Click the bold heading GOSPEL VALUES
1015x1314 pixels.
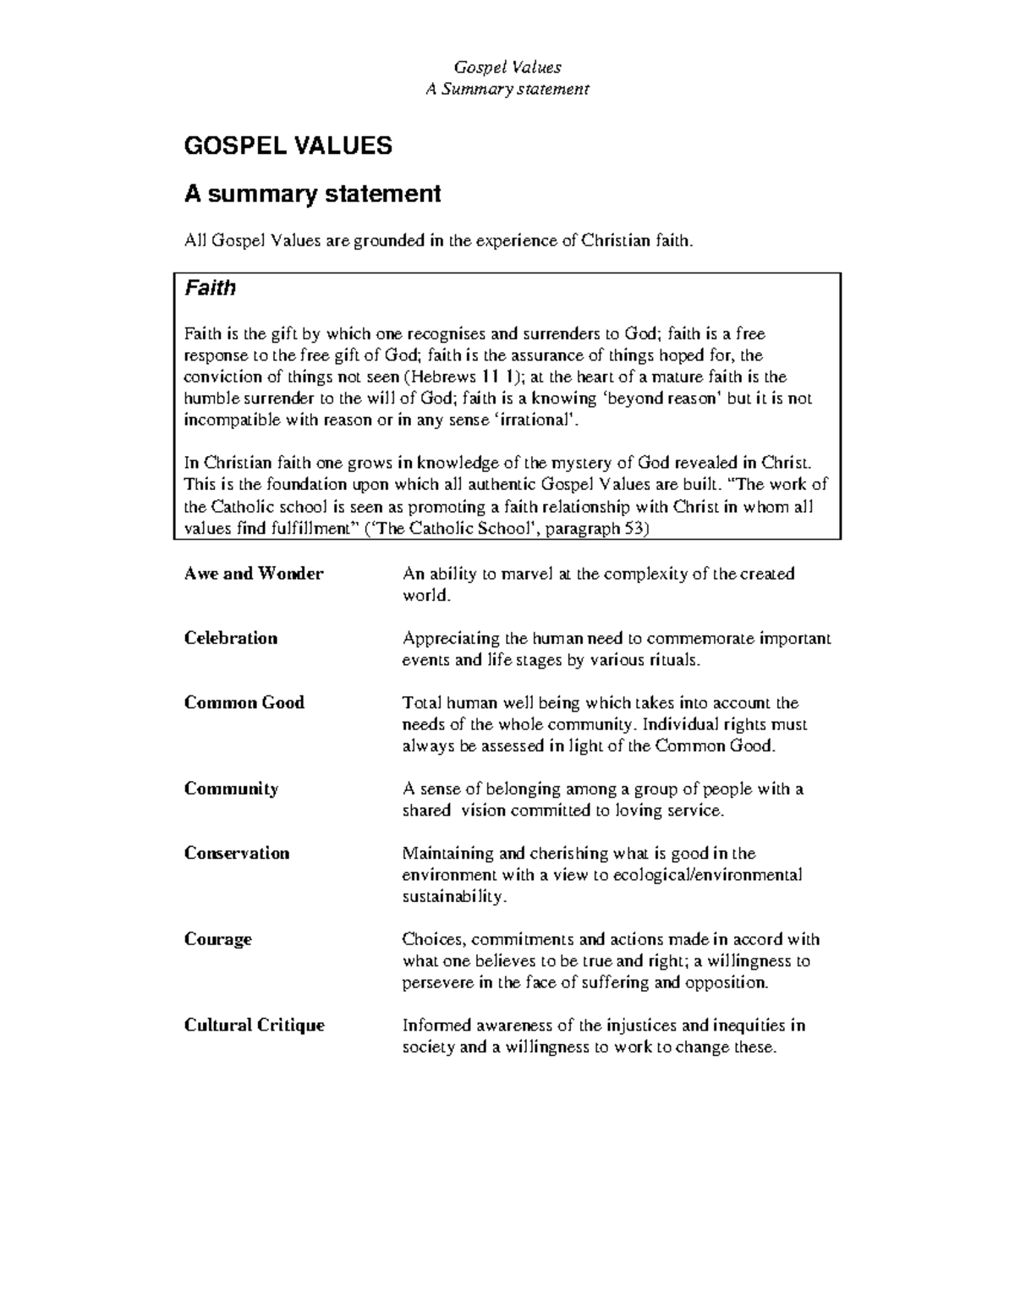tap(288, 146)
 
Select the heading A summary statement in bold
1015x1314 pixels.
tap(312, 194)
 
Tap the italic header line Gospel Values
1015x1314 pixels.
tap(507, 67)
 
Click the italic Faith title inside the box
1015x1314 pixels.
tap(210, 288)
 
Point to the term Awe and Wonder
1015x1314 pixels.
tap(254, 574)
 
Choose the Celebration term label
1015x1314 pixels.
tap(231, 638)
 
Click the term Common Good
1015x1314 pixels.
tap(244, 702)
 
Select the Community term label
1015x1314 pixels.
tap(231, 789)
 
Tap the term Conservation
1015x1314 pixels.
tap(237, 853)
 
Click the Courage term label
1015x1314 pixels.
tap(218, 939)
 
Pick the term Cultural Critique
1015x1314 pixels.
tap(255, 1025)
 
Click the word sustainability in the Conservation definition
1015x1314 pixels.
tap(453, 897)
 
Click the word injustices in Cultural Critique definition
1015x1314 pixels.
tap(641, 1025)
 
